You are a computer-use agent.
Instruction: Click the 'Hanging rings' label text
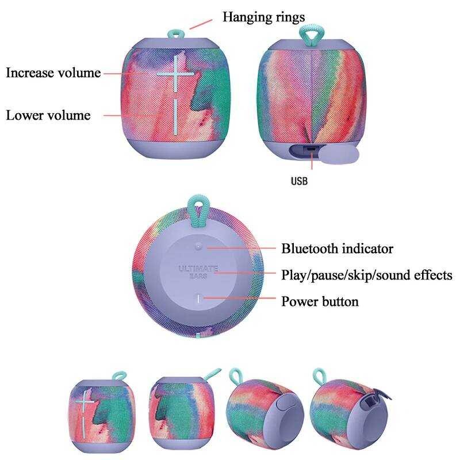263,17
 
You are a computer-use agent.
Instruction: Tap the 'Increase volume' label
53,73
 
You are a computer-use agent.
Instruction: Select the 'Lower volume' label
48,116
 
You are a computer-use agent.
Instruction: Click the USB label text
299,181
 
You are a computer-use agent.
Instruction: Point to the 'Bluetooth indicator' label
338,249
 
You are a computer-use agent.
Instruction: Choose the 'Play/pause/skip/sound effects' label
367,275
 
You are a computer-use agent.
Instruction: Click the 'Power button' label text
320,301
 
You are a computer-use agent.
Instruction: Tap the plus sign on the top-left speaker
175,74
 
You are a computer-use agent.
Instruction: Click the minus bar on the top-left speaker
175,117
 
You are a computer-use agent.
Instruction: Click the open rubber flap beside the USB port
339,154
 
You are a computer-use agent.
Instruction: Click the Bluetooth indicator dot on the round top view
198,247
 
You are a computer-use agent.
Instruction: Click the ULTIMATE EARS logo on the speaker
198,272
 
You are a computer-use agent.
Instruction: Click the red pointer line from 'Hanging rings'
201,24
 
